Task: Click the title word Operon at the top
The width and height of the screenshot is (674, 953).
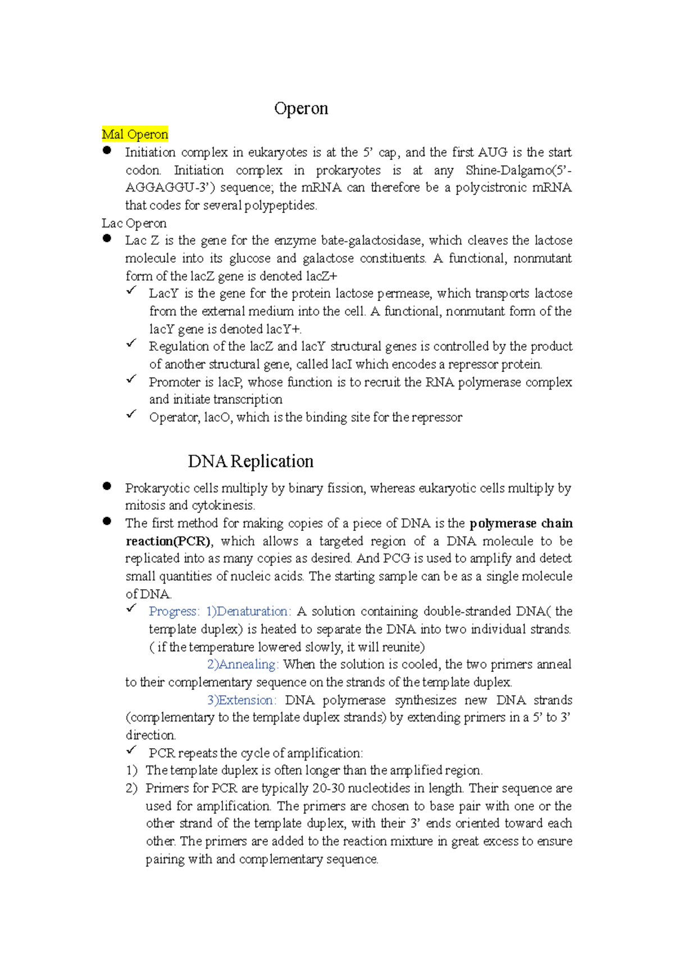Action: (x=301, y=108)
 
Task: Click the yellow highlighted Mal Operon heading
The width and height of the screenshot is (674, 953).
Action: (x=135, y=135)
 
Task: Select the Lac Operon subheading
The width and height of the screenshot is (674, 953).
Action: (x=134, y=223)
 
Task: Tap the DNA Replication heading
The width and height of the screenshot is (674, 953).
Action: (x=251, y=461)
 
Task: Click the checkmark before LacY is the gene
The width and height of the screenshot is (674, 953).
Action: (x=131, y=291)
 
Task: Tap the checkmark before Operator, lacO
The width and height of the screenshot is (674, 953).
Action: (x=131, y=414)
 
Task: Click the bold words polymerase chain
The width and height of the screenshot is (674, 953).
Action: (x=521, y=524)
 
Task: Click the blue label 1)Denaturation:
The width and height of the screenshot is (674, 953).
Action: (x=248, y=611)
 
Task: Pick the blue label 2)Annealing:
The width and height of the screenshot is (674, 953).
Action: (x=243, y=665)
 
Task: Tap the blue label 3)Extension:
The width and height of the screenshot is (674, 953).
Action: (x=242, y=700)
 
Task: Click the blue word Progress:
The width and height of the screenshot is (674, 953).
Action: (x=174, y=611)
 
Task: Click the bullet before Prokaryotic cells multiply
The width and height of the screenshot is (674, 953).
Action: (x=107, y=487)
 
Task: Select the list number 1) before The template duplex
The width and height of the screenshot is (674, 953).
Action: (x=131, y=771)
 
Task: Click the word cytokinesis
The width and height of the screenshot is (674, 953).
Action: (x=223, y=506)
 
